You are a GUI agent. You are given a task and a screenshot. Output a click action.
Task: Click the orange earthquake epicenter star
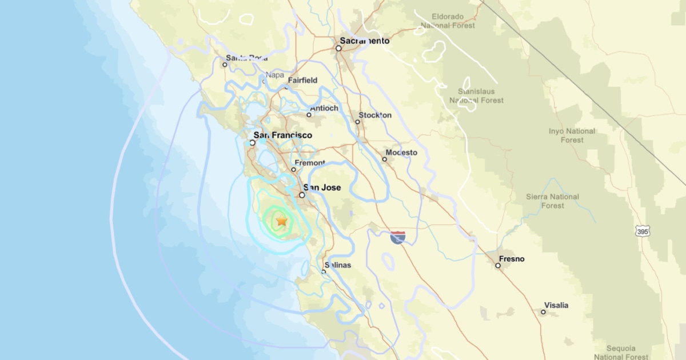click(x=281, y=220)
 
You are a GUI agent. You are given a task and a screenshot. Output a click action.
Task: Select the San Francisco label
click(x=283, y=135)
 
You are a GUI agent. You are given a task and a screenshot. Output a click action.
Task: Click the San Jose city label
click(x=322, y=187)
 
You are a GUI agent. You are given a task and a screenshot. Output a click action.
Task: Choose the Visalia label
click(x=556, y=305)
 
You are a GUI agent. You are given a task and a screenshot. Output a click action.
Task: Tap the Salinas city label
click(x=338, y=265)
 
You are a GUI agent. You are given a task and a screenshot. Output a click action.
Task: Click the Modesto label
click(x=401, y=153)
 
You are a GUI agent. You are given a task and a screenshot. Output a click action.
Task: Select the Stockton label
click(x=375, y=115)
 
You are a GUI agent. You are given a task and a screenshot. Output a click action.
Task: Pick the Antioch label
click(x=324, y=109)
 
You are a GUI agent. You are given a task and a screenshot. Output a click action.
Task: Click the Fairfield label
click(x=302, y=81)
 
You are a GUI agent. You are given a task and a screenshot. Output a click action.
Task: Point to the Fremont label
click(x=310, y=163)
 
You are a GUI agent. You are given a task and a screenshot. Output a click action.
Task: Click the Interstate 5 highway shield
click(x=398, y=237)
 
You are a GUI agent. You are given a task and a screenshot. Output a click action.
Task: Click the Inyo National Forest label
click(x=572, y=135)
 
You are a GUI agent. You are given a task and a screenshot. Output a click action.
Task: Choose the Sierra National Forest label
click(x=552, y=201)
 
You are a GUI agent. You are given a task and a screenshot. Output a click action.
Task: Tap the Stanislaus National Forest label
click(x=476, y=96)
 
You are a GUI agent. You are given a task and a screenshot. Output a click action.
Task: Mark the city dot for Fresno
click(x=497, y=265)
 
